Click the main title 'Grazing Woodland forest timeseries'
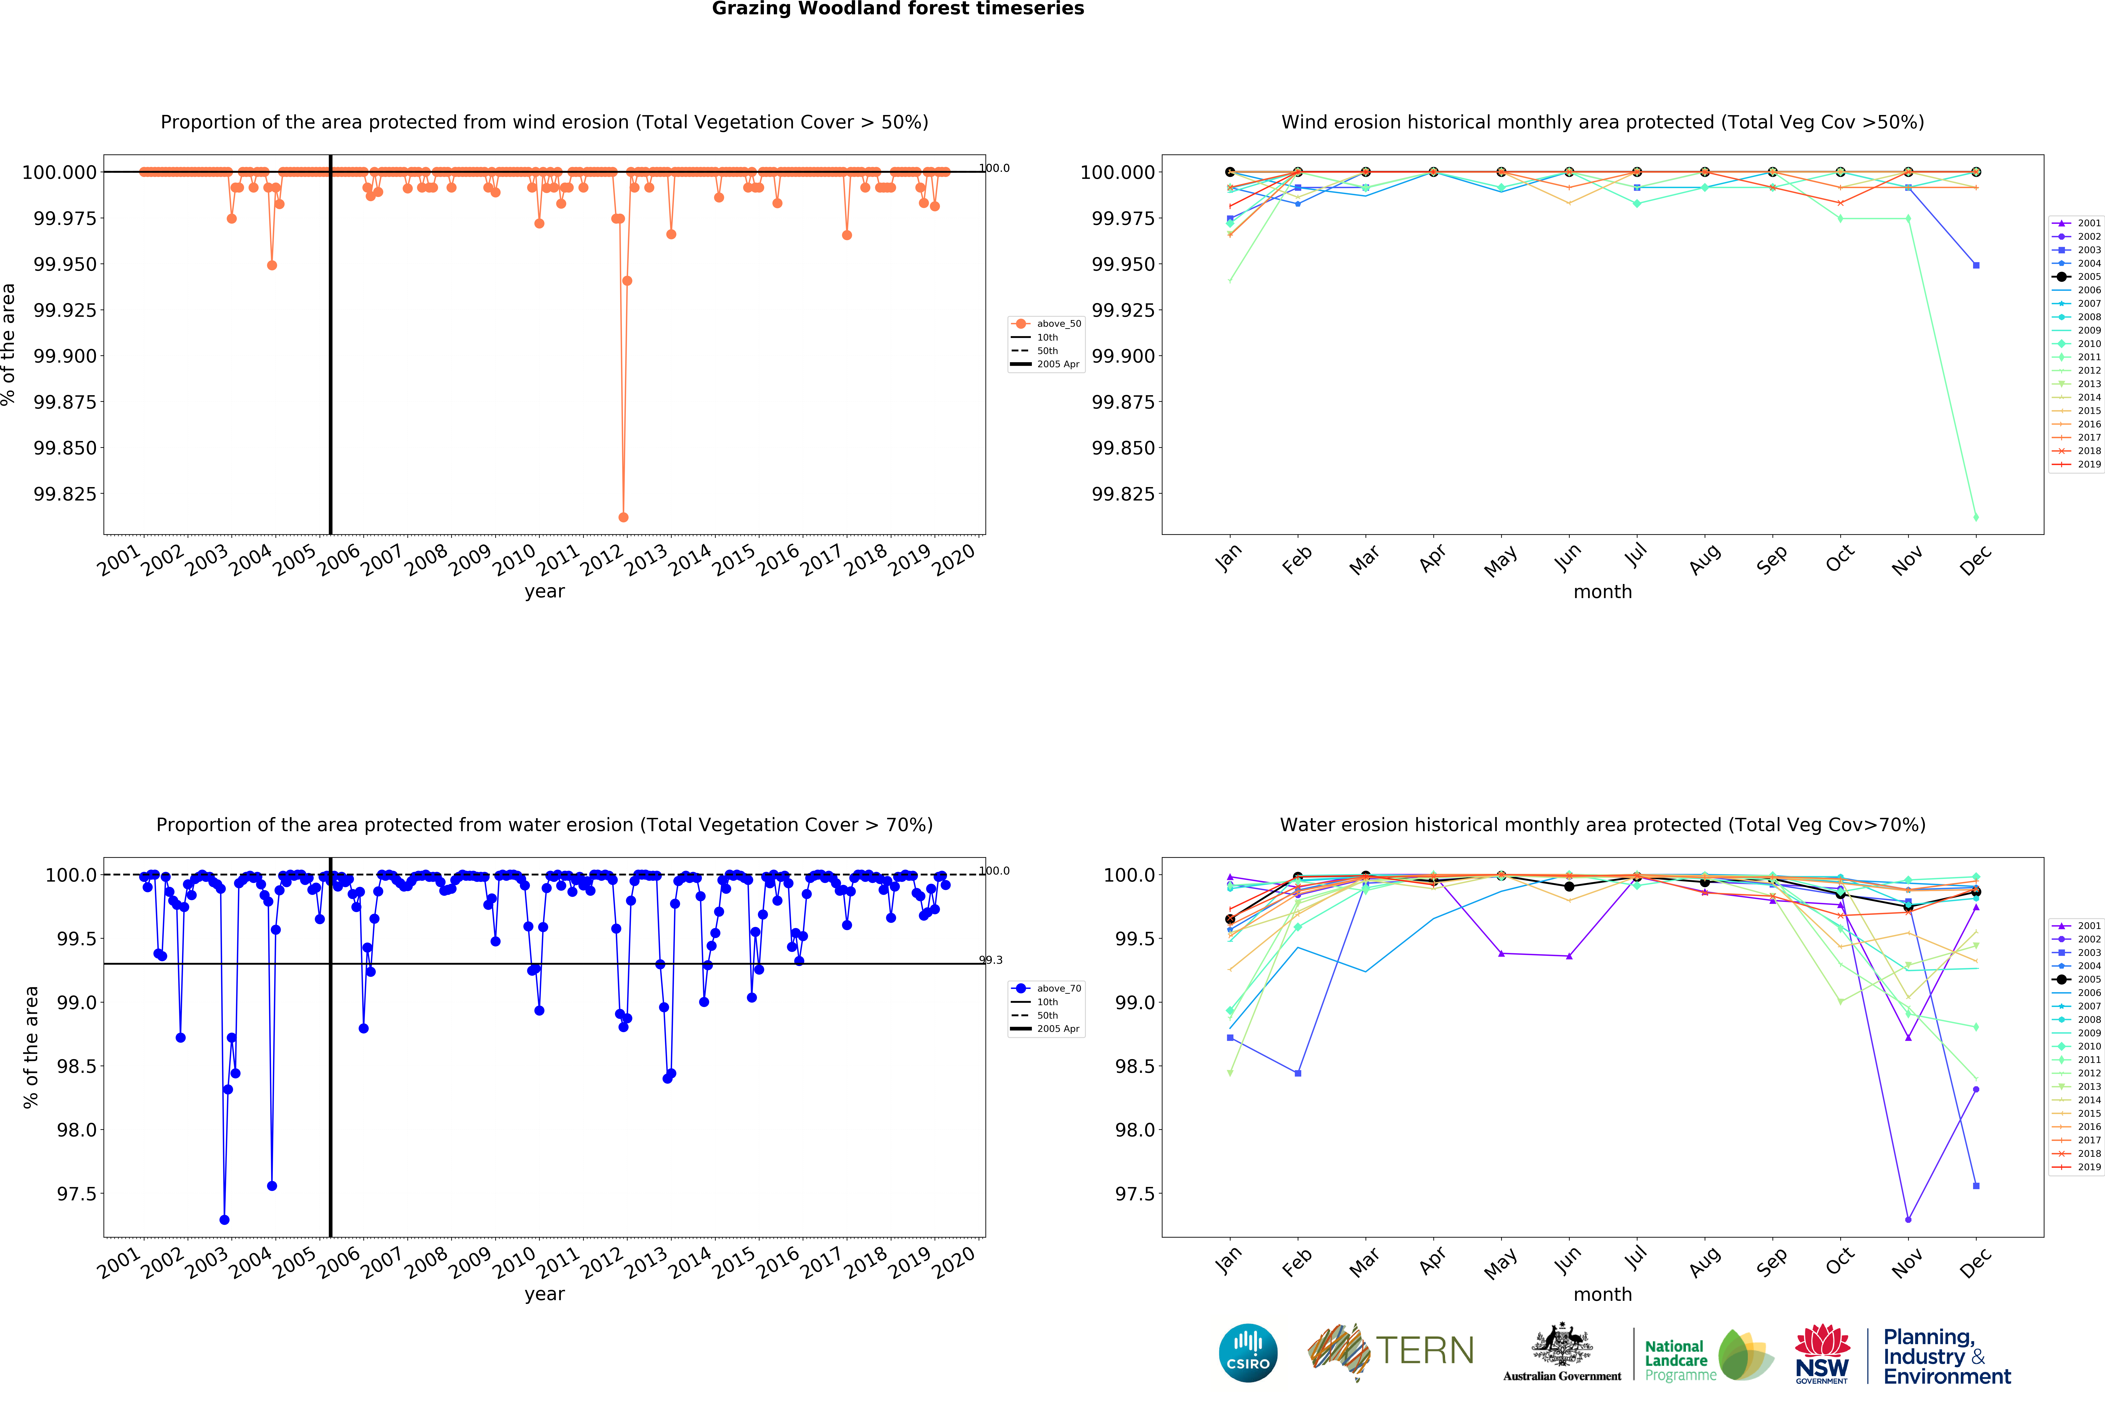coord(898,9)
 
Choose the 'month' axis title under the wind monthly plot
coord(1602,592)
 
